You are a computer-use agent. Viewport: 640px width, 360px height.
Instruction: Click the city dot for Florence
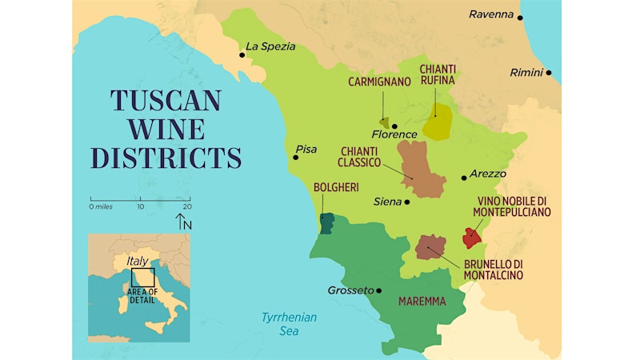(394, 126)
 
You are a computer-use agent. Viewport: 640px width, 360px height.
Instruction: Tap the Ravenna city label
(490, 14)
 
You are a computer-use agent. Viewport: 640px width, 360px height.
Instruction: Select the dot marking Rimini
(549, 73)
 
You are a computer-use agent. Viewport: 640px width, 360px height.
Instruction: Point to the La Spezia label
(270, 46)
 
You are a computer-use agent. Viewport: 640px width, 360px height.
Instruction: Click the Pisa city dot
(295, 158)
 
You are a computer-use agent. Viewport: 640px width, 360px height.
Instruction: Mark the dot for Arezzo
(464, 178)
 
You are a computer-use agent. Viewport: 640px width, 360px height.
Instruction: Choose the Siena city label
(387, 202)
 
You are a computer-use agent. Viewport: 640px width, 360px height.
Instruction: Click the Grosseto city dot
(379, 290)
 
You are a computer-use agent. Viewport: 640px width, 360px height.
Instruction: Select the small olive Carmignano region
(385, 123)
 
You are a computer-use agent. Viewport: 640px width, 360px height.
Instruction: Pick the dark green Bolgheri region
(326, 223)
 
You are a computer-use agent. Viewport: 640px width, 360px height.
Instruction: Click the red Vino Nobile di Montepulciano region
(471, 238)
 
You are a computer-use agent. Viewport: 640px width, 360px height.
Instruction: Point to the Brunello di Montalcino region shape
(430, 247)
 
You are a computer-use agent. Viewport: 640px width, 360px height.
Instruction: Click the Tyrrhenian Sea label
(289, 323)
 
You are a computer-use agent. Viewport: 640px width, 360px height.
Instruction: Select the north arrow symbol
(182, 222)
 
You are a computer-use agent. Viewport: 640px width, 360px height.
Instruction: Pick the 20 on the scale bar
(186, 206)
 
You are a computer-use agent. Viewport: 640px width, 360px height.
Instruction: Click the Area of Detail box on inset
(142, 277)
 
